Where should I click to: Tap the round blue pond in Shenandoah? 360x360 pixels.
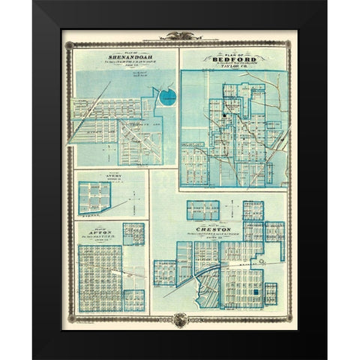167,95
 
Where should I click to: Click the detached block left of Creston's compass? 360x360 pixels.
204,211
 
